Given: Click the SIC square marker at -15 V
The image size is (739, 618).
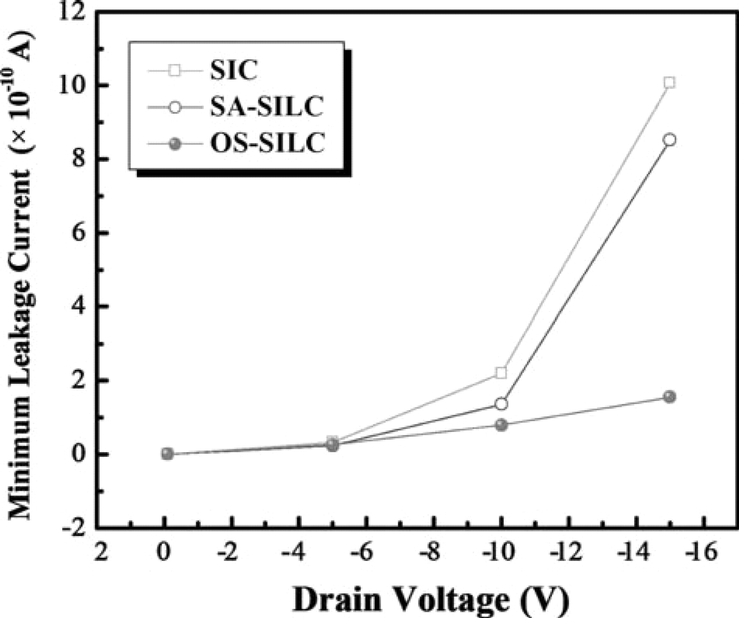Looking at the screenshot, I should click(669, 83).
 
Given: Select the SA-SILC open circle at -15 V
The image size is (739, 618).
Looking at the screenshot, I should click(669, 140).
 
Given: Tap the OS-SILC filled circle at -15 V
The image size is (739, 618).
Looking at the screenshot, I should click(669, 397).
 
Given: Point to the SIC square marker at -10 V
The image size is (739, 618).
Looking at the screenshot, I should click(501, 373).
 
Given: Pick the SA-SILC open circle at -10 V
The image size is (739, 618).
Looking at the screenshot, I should click(501, 404).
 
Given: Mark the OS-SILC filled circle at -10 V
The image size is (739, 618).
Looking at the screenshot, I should click(501, 425).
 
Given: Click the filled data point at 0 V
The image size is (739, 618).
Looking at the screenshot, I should click(167, 454).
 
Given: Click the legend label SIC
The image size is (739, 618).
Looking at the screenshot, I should click(234, 71).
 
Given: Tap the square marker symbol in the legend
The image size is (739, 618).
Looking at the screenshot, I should click(175, 71).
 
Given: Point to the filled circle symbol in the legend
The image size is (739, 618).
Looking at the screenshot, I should click(175, 144).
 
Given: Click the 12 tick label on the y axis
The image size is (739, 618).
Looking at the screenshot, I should click(74, 12).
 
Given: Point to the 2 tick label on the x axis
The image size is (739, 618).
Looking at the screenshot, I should click(100, 553).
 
